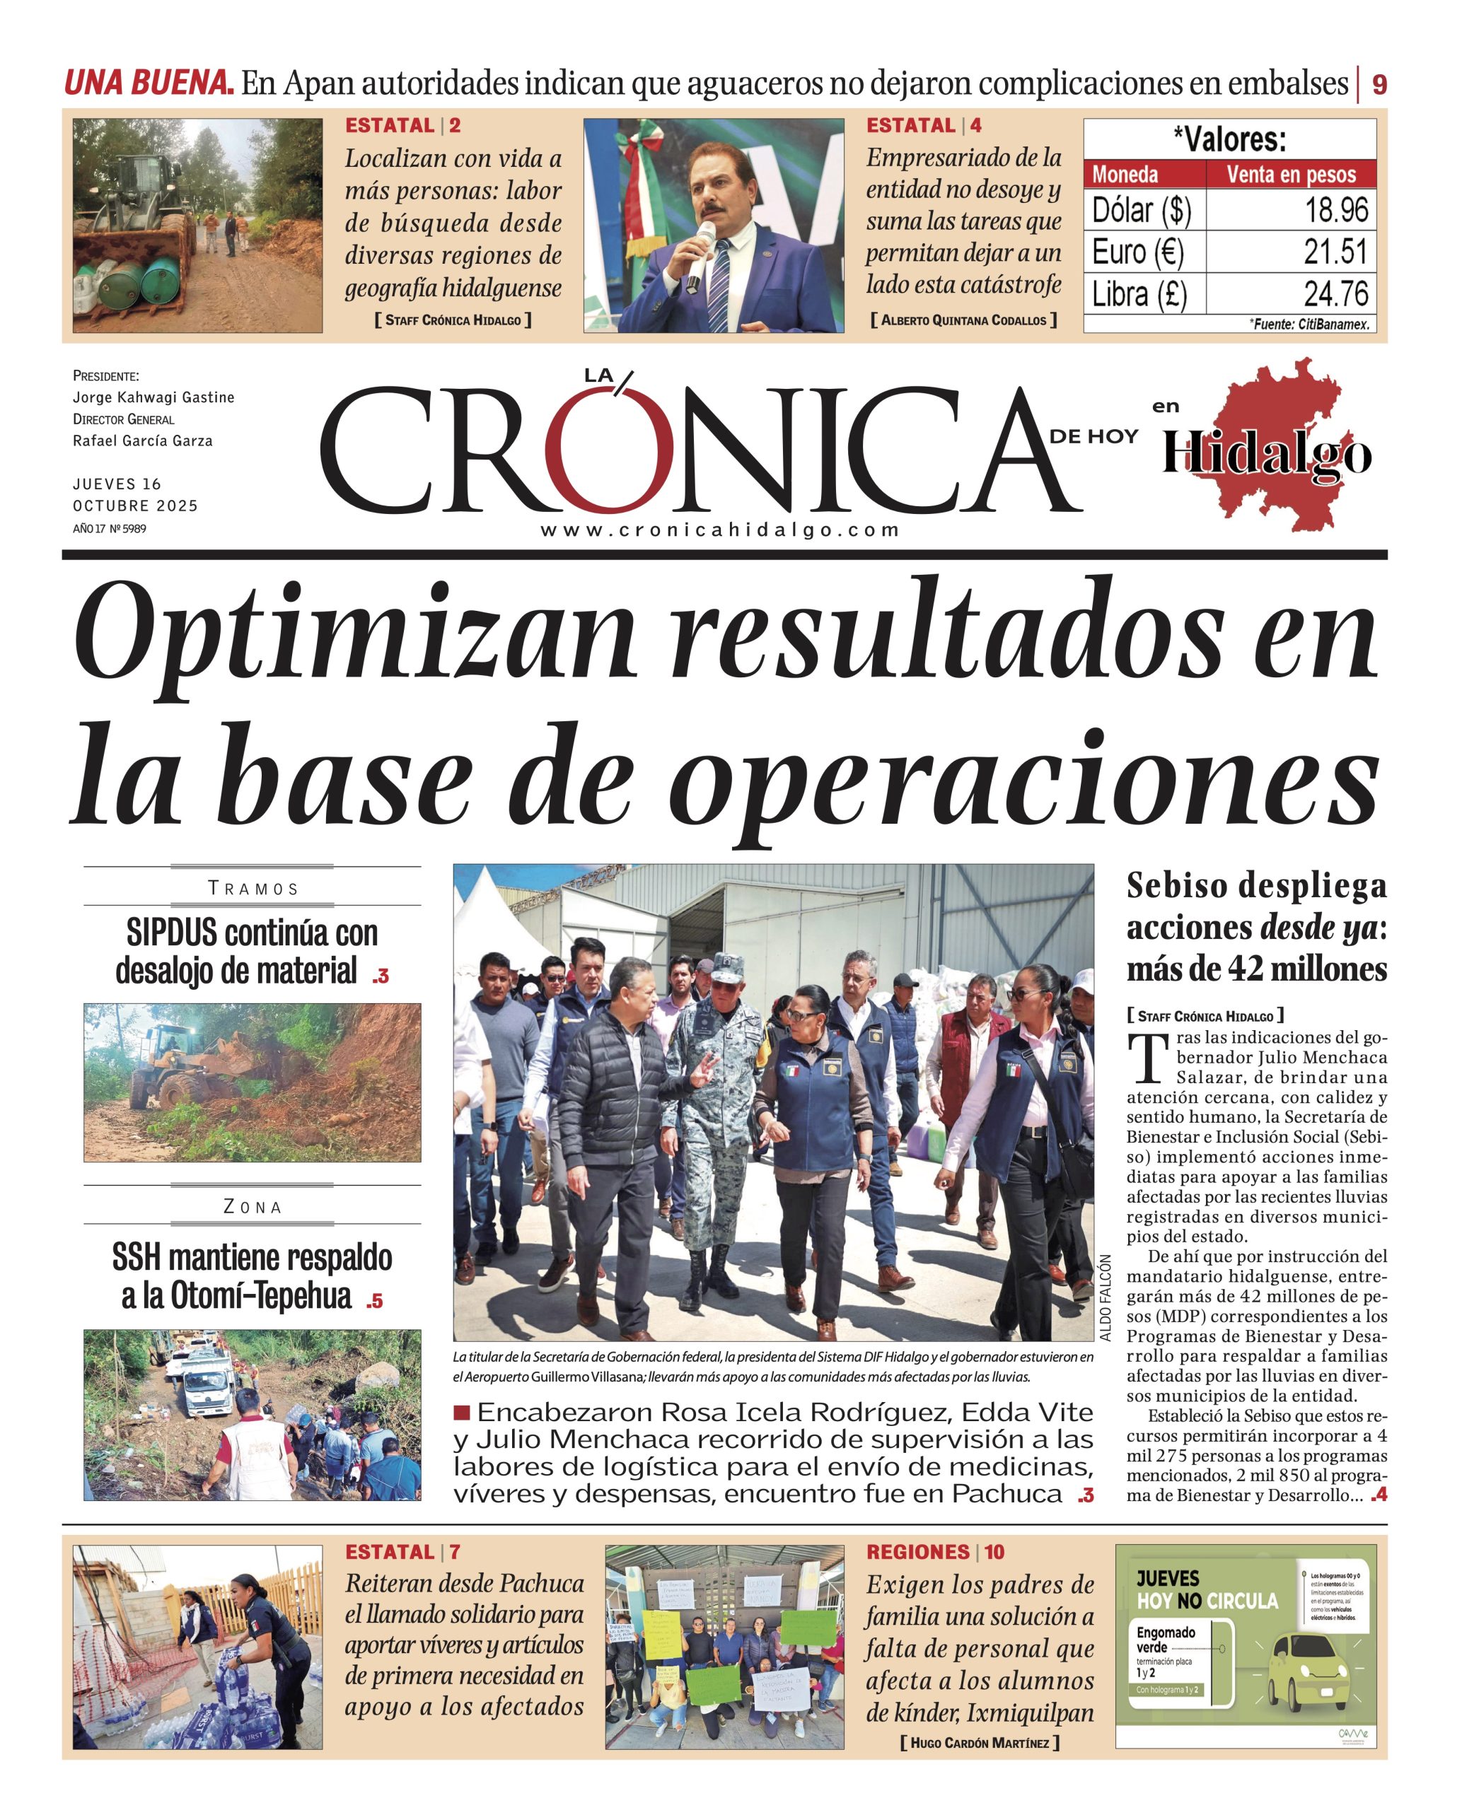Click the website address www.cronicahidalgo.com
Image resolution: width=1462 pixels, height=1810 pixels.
coord(720,530)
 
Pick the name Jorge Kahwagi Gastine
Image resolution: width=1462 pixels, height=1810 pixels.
coord(153,397)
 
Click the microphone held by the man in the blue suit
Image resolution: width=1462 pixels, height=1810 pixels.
coord(701,252)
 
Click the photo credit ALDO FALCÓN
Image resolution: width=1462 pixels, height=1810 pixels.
coord(1106,1297)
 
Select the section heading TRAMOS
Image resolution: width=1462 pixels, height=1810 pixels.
coord(253,889)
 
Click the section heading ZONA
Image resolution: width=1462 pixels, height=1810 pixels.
coord(253,1207)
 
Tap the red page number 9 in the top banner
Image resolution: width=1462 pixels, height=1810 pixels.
coord(1379,85)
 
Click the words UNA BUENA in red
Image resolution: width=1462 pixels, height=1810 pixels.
coord(149,83)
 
